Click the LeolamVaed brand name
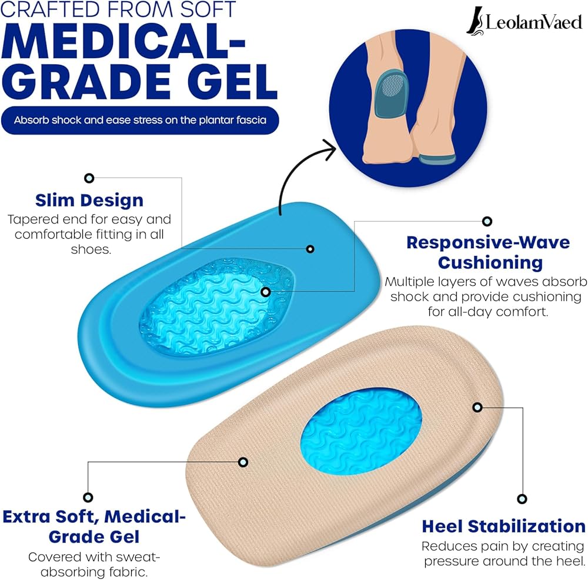tap(534, 23)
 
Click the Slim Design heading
tap(89, 200)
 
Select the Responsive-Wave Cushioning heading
tap(488, 252)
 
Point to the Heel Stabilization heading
tap(504, 525)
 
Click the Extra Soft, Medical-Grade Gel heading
tap(94, 526)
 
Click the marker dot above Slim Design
tap(89, 178)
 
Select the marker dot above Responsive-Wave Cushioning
tap(487, 221)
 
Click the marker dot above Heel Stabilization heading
tap(521, 499)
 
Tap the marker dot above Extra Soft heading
tap(88, 497)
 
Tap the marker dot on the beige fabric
tap(243, 462)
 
